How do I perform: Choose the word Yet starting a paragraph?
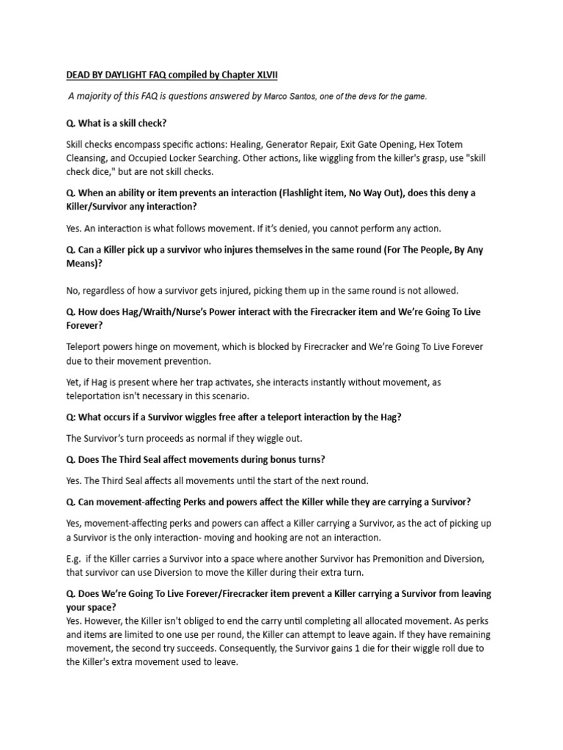(x=74, y=382)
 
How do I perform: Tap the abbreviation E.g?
(x=75, y=559)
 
